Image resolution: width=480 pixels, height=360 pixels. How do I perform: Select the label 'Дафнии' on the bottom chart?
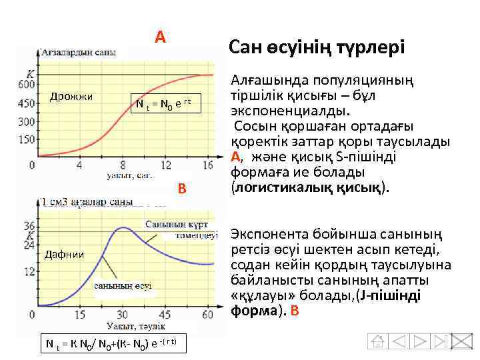64,253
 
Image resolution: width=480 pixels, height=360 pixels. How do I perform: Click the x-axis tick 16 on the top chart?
207,165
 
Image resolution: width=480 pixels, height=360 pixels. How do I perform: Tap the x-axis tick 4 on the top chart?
83,165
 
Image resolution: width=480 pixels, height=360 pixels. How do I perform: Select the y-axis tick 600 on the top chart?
27,85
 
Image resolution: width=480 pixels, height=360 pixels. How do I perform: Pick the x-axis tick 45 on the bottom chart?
163,314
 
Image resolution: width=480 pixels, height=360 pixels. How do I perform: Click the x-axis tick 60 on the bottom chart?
207,314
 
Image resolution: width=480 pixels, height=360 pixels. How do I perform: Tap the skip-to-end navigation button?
439,342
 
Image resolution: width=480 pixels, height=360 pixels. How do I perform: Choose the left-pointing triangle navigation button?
399,342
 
